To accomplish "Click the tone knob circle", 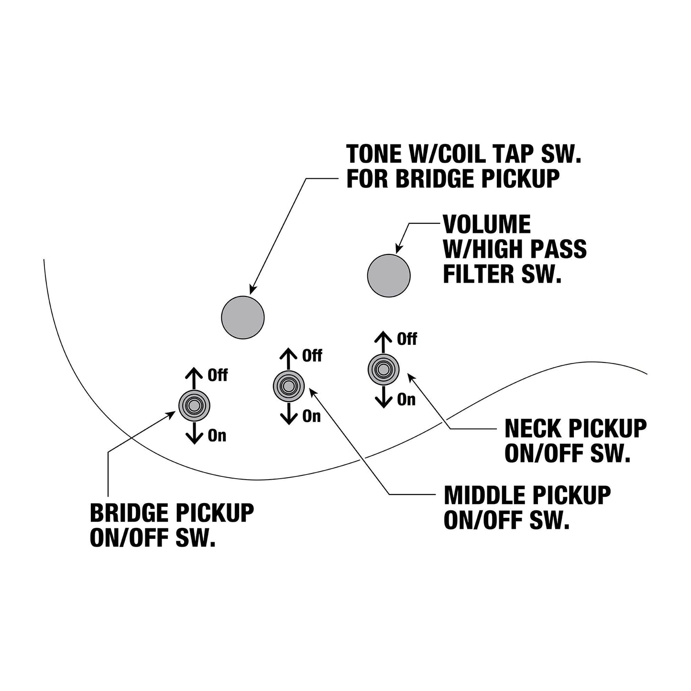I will tap(243, 318).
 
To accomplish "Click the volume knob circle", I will tap(389, 276).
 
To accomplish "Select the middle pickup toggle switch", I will tap(289, 386).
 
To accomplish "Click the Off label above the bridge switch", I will tap(218, 375).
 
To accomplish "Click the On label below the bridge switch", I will tap(217, 436).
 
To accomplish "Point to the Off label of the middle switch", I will tap(312, 356).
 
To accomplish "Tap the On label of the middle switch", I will tap(311, 416).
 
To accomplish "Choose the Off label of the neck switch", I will tap(407, 339).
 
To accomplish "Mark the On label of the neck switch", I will tap(406, 399).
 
